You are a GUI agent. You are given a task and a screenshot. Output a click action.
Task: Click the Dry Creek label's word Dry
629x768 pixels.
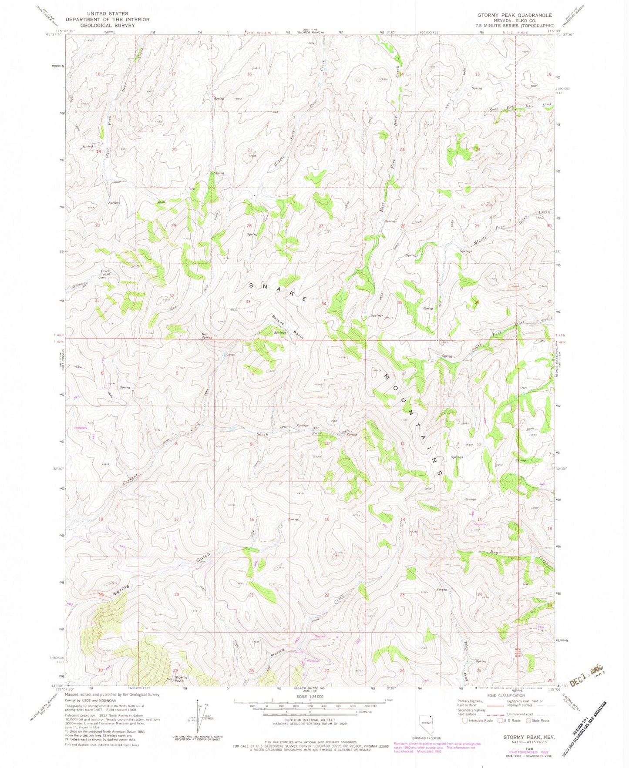click(x=506, y=552)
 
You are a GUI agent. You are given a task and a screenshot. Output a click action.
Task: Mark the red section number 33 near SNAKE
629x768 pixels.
click(x=248, y=302)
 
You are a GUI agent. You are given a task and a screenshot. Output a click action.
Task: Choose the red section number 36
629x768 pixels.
click(x=477, y=302)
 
